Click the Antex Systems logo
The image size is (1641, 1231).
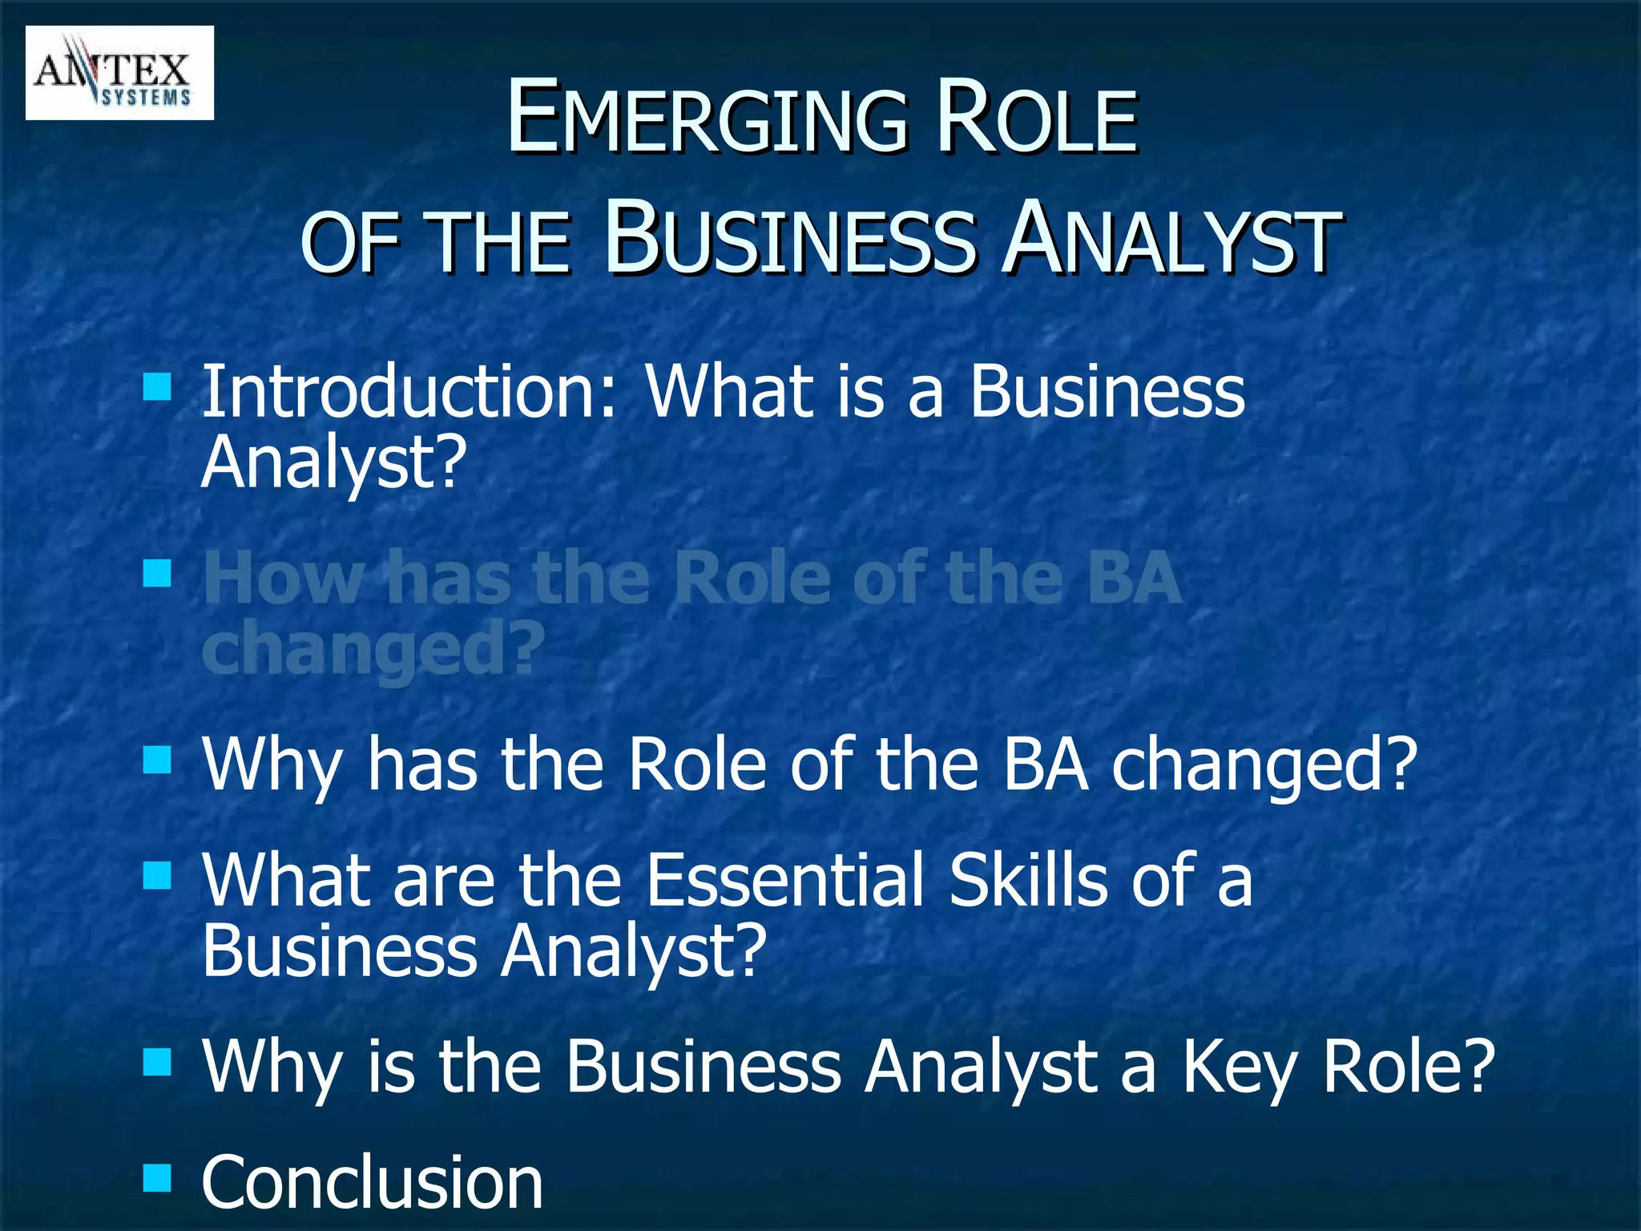coord(119,73)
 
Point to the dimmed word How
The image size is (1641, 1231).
coord(283,578)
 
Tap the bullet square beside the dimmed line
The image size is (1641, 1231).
coord(157,574)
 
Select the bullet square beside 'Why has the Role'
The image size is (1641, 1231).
coord(157,760)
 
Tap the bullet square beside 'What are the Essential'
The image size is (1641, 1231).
coord(157,877)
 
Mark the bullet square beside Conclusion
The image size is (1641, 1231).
coord(157,1178)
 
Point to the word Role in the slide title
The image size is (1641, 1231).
coord(1037,119)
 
